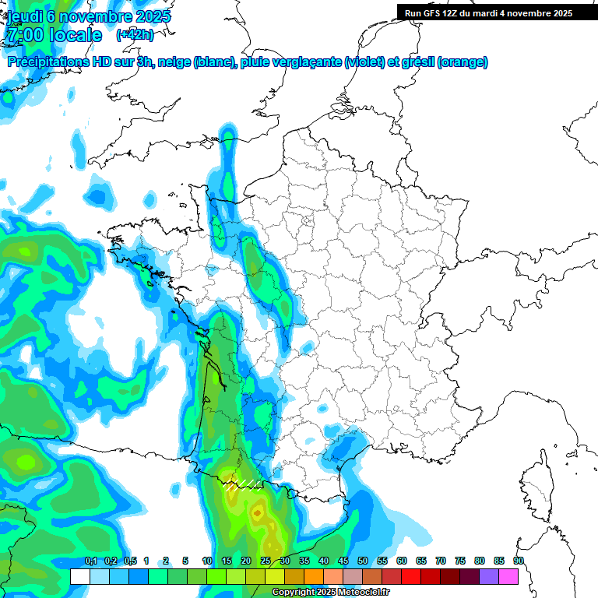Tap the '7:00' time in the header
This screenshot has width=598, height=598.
tap(24, 35)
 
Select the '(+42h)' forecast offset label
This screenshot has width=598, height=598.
tap(135, 35)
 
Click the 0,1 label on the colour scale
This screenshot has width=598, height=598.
tap(90, 561)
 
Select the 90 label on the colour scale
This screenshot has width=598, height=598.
tap(519, 561)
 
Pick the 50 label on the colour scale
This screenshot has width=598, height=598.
tap(363, 561)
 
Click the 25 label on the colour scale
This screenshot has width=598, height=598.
tap(266, 561)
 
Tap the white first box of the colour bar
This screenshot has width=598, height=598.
tap(79, 576)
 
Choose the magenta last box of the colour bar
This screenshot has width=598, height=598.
tap(508, 576)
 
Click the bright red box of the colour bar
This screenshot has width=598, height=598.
tap(410, 576)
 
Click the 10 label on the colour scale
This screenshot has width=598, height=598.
tap(207, 561)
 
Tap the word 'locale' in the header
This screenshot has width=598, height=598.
tap(76, 35)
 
